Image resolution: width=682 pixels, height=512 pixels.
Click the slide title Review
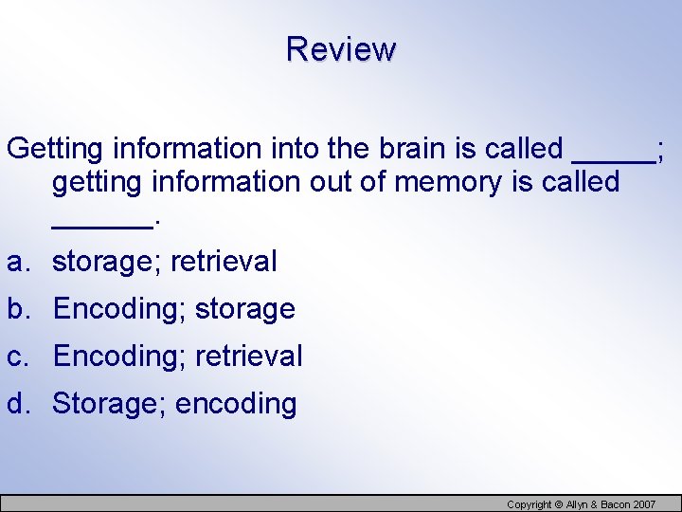(341, 48)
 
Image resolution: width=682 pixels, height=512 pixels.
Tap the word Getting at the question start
(55, 149)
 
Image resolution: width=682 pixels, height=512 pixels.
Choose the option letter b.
(17, 309)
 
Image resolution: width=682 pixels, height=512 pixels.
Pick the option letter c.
(16, 357)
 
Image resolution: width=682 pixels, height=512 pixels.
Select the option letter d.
(17, 404)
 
